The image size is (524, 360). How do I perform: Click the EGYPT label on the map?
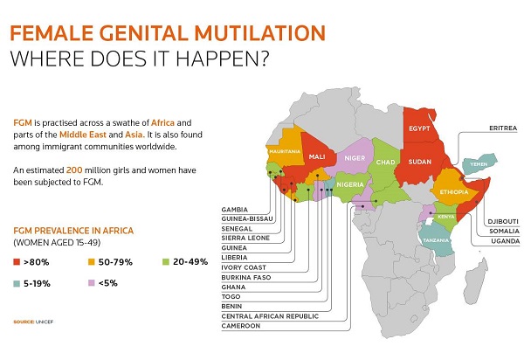pos(419,128)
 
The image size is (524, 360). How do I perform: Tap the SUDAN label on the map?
pos(420,162)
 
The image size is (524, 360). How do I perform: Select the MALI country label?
pos(317,156)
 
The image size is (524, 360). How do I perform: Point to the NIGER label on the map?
pos(355,158)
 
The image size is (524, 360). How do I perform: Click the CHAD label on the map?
pos(386,163)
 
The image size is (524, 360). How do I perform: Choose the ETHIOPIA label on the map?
pos(454,192)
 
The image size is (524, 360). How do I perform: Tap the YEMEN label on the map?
pos(479,164)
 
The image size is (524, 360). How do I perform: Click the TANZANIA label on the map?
pos(436,240)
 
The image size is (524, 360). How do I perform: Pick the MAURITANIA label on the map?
pos(285,151)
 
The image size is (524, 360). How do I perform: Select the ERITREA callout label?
pos(503,128)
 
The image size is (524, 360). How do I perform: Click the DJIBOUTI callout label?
pos(503,221)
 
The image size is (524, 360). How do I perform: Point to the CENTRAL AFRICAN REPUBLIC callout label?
pos(270,316)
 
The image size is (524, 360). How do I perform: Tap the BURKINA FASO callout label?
pos(246,277)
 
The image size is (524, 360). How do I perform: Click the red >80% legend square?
pos(17,262)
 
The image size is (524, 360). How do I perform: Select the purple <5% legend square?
pos(91,283)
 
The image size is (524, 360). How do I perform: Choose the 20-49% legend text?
pos(190,262)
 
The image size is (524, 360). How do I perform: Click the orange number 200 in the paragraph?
pos(74,170)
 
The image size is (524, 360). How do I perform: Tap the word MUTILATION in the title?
pos(259,32)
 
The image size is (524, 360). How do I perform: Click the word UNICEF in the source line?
pos(45,322)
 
